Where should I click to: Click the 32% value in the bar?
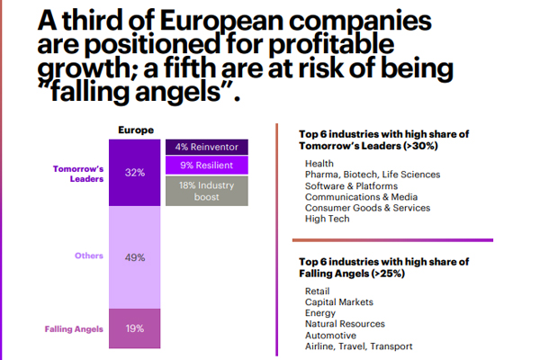click(x=135, y=173)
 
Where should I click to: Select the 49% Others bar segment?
click(x=135, y=256)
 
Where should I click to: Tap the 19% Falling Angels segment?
click(x=135, y=328)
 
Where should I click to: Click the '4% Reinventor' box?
click(x=206, y=147)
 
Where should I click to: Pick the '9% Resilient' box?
click(x=206, y=166)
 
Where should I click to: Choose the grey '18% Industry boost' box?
click(x=206, y=191)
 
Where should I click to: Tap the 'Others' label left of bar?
click(x=88, y=256)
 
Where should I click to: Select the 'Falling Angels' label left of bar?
click(x=75, y=328)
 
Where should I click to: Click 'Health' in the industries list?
click(x=319, y=163)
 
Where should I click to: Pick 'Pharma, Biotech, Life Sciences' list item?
click(x=372, y=175)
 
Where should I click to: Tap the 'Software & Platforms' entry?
click(x=351, y=185)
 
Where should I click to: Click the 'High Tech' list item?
click(x=327, y=219)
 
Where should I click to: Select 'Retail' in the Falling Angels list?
click(x=318, y=291)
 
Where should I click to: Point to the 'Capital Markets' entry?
click(x=339, y=302)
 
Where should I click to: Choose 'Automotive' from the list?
click(x=331, y=335)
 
